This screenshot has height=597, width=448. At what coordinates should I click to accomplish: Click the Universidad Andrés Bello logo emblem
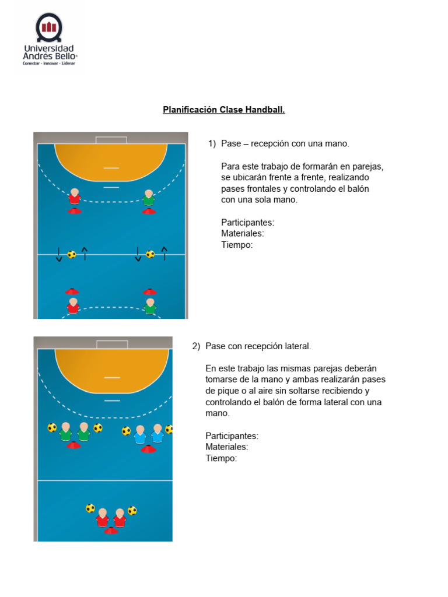tap(48, 26)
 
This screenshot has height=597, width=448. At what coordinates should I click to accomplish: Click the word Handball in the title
tap(266, 110)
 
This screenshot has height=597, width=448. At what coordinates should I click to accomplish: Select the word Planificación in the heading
tap(190, 110)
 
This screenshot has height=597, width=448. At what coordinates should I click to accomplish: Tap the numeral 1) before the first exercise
tap(212, 143)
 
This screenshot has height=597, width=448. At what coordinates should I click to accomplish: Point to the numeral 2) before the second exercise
tap(197, 346)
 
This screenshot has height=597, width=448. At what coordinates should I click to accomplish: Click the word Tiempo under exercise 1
tap(237, 245)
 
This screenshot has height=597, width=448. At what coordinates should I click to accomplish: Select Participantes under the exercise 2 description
tap(232, 436)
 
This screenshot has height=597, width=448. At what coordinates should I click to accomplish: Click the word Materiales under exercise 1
tap(243, 234)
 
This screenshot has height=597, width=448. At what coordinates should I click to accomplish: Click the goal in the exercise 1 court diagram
tap(111, 140)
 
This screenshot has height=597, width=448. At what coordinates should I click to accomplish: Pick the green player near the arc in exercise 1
tap(149, 198)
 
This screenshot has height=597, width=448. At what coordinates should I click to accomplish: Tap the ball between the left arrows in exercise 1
tap(72, 254)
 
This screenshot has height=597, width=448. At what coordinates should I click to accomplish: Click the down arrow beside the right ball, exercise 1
tap(138, 254)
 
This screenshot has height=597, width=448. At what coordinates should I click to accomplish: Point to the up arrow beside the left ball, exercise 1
tap(85, 253)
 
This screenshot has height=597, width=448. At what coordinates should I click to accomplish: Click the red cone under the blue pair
tap(148, 448)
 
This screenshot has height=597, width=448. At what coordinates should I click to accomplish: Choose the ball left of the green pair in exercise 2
tap(52, 427)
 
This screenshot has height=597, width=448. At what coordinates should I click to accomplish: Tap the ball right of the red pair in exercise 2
tap(132, 511)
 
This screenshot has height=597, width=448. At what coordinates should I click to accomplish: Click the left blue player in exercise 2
tap(139, 434)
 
